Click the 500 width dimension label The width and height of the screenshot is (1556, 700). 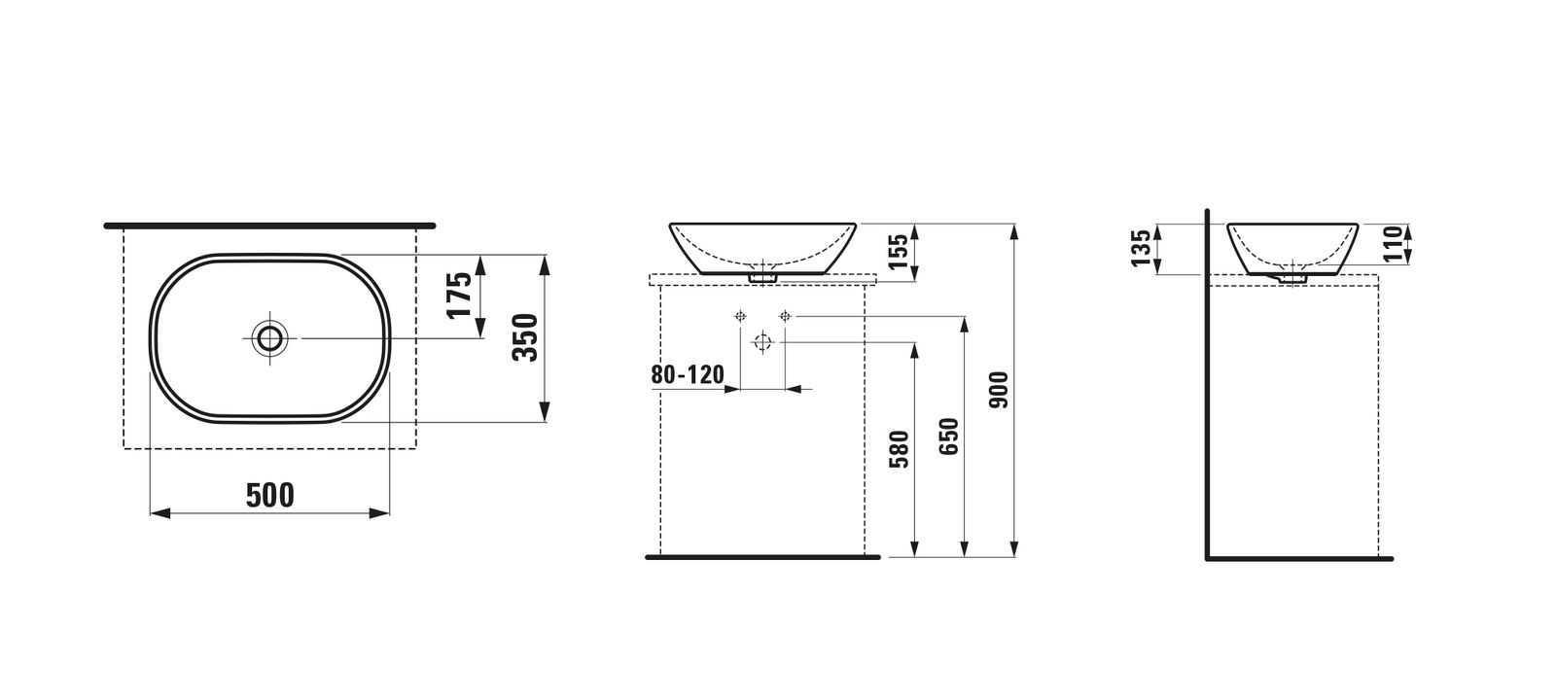[270, 495]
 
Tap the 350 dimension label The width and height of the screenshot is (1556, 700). [525, 337]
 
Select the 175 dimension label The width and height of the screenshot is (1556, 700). [459, 296]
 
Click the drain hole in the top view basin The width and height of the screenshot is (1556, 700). [269, 338]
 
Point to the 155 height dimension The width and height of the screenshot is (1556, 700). [899, 252]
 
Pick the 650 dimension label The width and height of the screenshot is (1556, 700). [948, 437]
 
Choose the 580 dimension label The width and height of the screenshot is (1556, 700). [899, 449]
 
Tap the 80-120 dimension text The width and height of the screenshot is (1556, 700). [687, 375]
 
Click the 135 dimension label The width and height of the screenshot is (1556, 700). [1141, 248]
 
